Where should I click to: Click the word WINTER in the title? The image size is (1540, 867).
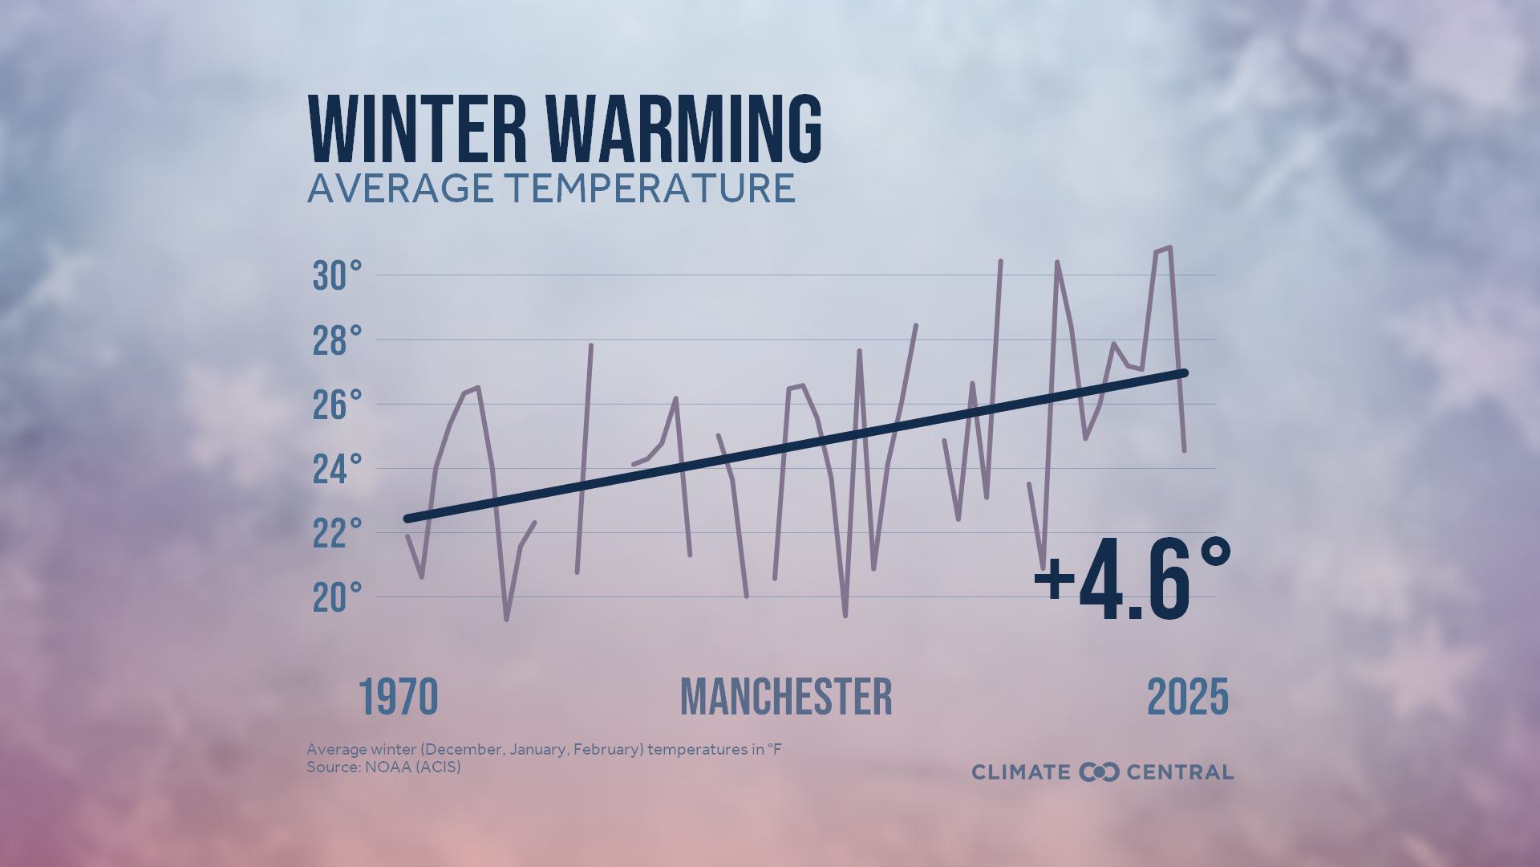tap(417, 130)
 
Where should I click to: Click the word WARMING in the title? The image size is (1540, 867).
tap(685, 130)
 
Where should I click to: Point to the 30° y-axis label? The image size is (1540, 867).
tap(337, 276)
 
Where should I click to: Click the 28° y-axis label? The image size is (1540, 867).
tap(337, 340)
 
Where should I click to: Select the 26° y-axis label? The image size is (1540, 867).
tap(337, 405)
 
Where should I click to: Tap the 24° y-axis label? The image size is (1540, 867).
tap(337, 469)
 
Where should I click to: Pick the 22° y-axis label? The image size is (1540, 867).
tap(337, 533)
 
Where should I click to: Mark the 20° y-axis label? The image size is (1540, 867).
tap(337, 598)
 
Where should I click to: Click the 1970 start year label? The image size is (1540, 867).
tap(399, 697)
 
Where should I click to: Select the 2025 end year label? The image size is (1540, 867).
tap(1188, 697)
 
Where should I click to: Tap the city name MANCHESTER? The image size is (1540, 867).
tap(786, 697)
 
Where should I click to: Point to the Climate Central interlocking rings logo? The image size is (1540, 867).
tap(1099, 772)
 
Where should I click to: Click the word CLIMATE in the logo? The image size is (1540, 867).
tap(1021, 772)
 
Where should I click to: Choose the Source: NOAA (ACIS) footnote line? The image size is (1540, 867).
tap(383, 767)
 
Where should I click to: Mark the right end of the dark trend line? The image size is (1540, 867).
tap(1184, 372)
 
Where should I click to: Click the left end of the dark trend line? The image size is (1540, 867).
tap(407, 519)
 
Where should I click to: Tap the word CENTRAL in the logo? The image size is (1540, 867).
tap(1180, 772)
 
